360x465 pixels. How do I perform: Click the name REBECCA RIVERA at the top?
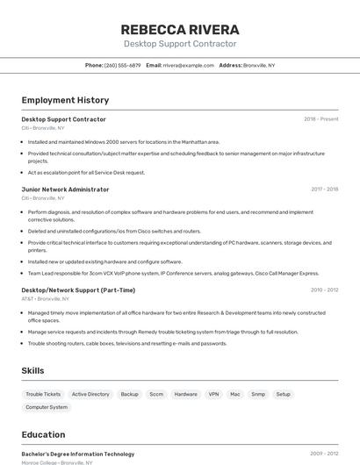coord(180,29)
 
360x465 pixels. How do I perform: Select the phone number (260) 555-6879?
coord(122,65)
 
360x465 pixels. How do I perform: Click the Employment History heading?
coord(65,100)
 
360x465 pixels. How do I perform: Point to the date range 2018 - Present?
coord(320,119)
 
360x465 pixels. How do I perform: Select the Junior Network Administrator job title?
coord(65,190)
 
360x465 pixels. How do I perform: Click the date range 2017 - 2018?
coord(324,190)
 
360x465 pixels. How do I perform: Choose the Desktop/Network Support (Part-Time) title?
coord(78,290)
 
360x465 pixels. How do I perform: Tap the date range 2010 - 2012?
coord(324,290)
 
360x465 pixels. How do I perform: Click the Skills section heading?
coord(32,371)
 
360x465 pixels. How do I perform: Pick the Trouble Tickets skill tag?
coord(43,395)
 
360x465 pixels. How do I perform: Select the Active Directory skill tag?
coord(90,395)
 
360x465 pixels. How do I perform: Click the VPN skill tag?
coord(213,395)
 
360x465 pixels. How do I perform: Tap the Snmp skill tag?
coord(258,395)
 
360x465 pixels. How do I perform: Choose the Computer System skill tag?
coord(47,407)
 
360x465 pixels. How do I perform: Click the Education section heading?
coord(43,434)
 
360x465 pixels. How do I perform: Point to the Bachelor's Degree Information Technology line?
coord(77,454)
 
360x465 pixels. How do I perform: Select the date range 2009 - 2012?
coord(324,454)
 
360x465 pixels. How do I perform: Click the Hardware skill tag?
coord(185,395)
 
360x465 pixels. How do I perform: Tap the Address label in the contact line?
coord(230,65)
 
